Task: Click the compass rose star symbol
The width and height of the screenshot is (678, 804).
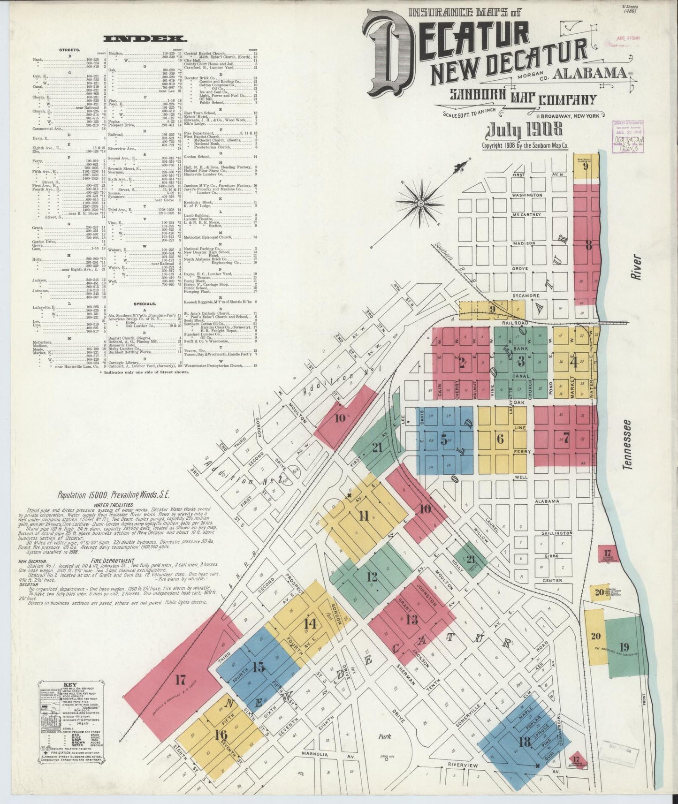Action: click(421, 203)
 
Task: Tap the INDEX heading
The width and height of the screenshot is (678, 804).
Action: click(145, 39)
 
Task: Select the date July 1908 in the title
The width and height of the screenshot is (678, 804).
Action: click(525, 129)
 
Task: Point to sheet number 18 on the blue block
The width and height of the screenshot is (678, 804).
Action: click(524, 755)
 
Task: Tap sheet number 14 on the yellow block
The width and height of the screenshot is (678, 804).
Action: click(310, 624)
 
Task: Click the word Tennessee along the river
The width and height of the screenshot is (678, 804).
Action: click(626, 444)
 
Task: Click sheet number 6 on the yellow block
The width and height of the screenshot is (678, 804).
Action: click(500, 439)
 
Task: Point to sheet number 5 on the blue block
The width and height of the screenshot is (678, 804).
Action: click(443, 441)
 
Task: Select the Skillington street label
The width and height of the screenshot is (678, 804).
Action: click(556, 533)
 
